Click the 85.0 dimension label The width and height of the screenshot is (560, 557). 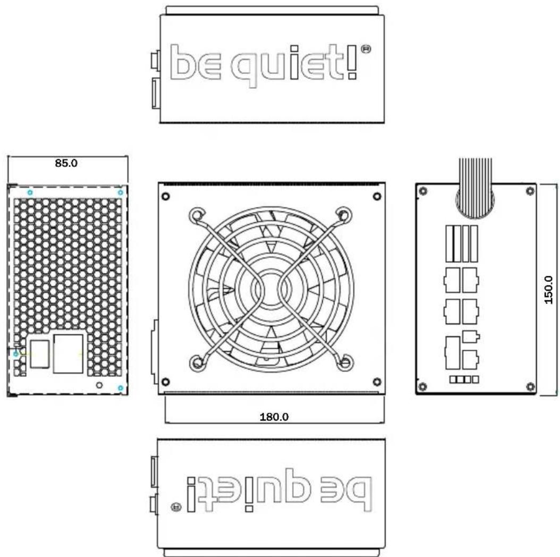66,163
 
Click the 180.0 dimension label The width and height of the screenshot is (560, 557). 274,417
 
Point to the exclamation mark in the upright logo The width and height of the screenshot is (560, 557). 351,63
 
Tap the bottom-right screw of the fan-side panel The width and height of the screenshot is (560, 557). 377,381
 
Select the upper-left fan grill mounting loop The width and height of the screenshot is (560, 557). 197,215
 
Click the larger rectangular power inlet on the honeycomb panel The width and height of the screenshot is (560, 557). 69,353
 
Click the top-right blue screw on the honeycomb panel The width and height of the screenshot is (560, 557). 121,192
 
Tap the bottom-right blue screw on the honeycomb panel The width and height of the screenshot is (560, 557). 121,389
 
